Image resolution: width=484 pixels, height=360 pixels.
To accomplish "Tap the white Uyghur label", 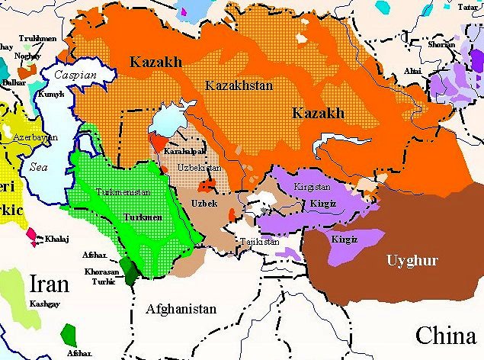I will pyautogui.click(x=412, y=261).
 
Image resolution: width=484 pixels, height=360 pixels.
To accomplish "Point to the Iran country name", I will pyautogui.click(x=50, y=284).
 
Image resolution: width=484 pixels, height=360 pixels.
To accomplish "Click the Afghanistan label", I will pyautogui.click(x=180, y=309).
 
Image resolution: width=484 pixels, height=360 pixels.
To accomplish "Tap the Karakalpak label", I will pyautogui.click(x=180, y=152).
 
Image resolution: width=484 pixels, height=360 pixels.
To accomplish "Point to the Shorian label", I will pyautogui.click(x=441, y=44).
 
